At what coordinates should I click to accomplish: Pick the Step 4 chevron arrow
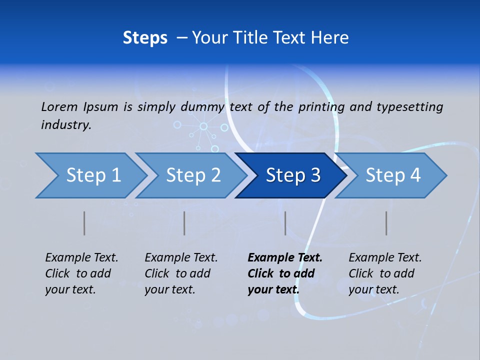tap(392, 175)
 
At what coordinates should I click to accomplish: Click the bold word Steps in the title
tap(145, 38)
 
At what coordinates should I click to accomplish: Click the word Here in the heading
tap(330, 38)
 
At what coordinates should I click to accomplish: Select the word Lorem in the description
tap(59, 106)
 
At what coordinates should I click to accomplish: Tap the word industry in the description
tap(65, 124)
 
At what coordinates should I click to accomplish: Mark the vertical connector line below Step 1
tap(84, 223)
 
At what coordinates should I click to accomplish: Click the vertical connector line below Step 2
tap(184, 223)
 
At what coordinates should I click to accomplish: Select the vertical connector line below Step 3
tap(285, 223)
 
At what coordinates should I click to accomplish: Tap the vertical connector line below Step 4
tap(386, 223)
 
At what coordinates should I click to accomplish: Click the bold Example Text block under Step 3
tap(285, 273)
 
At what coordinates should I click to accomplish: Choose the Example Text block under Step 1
tap(81, 273)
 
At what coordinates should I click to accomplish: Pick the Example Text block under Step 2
tap(181, 273)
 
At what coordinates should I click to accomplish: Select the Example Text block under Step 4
tap(385, 273)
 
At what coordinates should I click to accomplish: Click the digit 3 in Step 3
tap(315, 175)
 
